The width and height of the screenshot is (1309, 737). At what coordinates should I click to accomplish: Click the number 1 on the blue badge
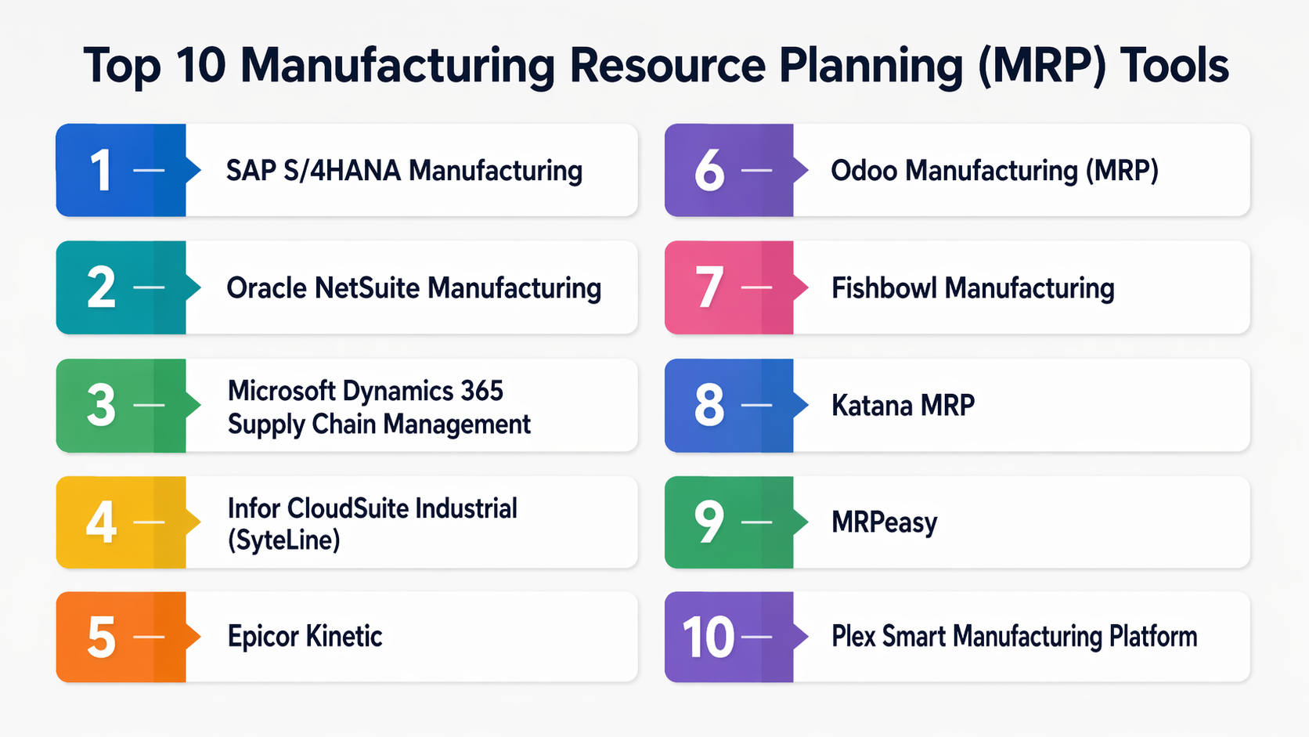coord(102,170)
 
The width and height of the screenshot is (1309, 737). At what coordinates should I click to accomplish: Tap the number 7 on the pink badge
coord(709,287)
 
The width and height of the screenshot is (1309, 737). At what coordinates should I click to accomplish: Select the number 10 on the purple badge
coord(709,637)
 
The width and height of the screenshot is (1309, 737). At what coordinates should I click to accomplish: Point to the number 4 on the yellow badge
coord(101,522)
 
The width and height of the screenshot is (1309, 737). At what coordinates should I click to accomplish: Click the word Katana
coord(870,405)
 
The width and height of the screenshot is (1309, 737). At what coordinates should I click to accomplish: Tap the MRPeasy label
coord(884,522)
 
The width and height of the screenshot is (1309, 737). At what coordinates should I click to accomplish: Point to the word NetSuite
coord(367,288)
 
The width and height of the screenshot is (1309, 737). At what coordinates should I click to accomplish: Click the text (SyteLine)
coord(283,540)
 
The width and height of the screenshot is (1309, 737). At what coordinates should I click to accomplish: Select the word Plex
coord(853,637)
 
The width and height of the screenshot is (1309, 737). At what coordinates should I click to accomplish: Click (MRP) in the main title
coord(1040,66)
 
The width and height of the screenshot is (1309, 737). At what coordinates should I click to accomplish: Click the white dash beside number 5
coord(149,637)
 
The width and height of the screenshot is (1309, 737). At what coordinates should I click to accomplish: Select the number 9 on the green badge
coord(709,522)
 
